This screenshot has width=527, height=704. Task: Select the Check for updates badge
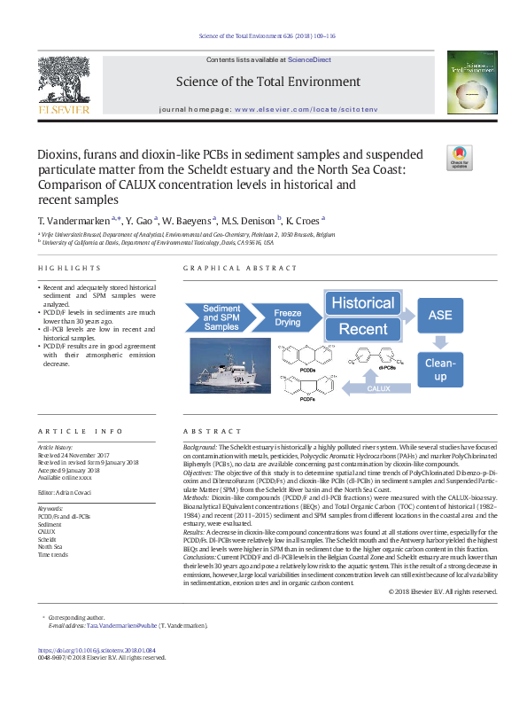[461, 157]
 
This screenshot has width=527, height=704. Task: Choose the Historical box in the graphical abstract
[363, 302]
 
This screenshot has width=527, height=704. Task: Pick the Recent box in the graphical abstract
[363, 330]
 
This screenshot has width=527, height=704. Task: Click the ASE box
[440, 315]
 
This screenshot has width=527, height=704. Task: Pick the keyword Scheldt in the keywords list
[49, 539]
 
